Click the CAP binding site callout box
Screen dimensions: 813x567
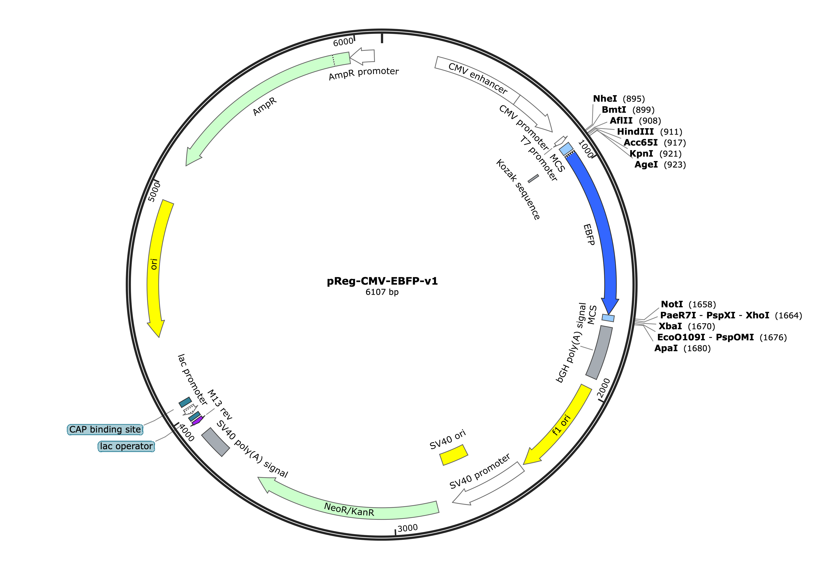click(x=105, y=429)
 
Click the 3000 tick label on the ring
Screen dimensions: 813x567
click(x=408, y=528)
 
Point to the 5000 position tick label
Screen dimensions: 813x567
click(x=154, y=192)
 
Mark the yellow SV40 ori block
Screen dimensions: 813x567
click(x=454, y=455)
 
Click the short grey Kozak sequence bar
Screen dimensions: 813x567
click(x=533, y=179)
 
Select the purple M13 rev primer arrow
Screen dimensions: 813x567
click(x=197, y=421)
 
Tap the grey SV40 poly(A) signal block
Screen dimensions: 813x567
click(x=216, y=442)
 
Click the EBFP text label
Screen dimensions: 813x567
click(x=589, y=235)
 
